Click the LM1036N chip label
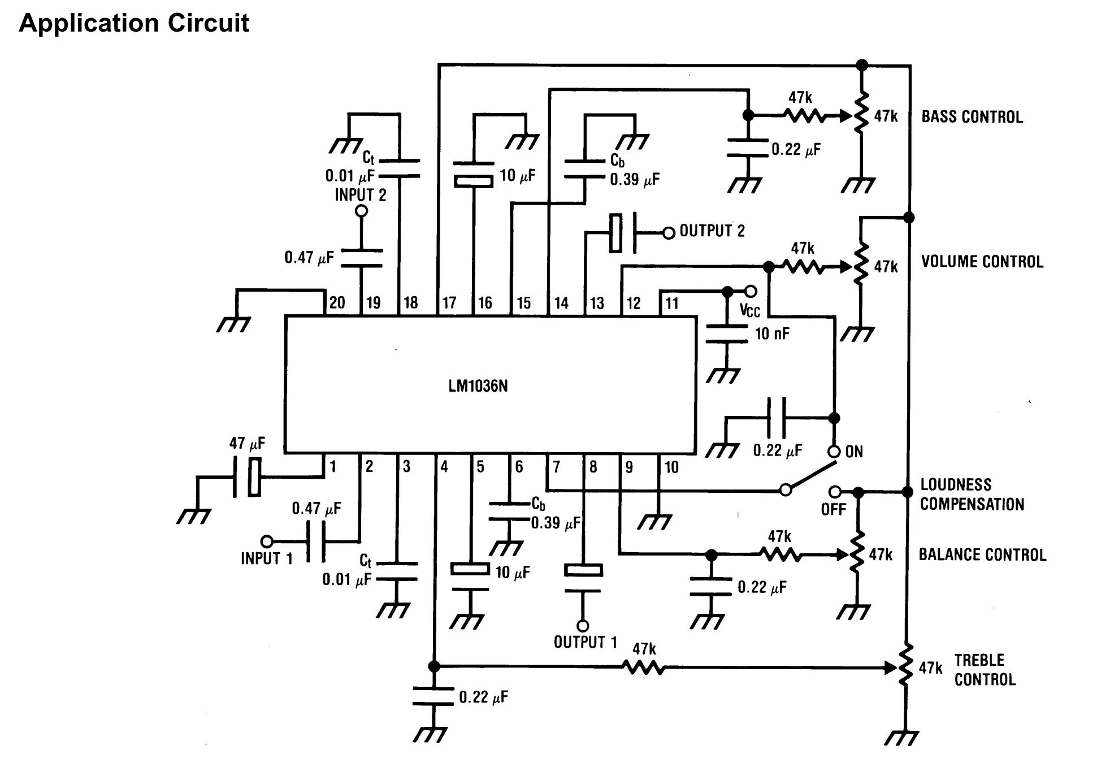click(x=478, y=386)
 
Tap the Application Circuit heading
click(x=134, y=23)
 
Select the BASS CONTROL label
click(x=972, y=117)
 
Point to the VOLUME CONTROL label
click(x=982, y=262)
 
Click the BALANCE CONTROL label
click(x=982, y=554)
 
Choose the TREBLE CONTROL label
click(x=985, y=670)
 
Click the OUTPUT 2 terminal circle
click(x=669, y=233)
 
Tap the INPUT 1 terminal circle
click(x=267, y=541)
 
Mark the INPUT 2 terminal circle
click(x=361, y=211)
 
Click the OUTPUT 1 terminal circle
click(x=583, y=626)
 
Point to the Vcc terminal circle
click(x=751, y=292)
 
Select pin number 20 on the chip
click(x=337, y=302)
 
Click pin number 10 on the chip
click(x=671, y=467)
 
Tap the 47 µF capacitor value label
click(x=247, y=443)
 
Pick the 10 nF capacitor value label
click(x=772, y=333)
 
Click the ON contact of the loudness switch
click(x=834, y=452)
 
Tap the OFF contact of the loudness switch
click(x=835, y=492)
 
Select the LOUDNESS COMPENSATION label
click(x=972, y=495)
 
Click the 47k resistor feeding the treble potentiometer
click(x=644, y=668)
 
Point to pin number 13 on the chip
click(x=597, y=303)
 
